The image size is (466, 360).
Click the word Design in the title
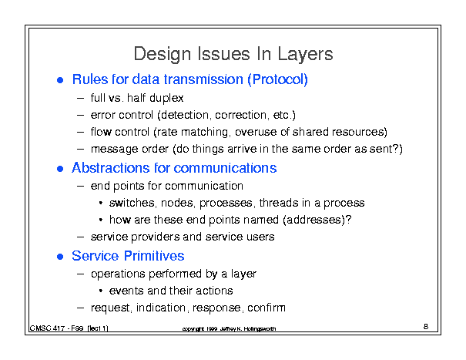(163, 55)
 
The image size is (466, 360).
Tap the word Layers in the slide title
(305, 55)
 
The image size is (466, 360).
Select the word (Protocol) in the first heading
(277, 79)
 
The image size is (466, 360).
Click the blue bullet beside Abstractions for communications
(60, 169)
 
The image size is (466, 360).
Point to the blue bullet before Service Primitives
(60, 257)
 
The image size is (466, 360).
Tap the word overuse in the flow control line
(256, 132)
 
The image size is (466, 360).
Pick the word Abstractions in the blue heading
(111, 168)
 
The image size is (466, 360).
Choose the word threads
(279, 203)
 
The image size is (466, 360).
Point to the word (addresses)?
(317, 220)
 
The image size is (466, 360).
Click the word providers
(156, 237)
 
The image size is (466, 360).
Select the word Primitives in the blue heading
(154, 256)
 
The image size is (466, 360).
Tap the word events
(126, 291)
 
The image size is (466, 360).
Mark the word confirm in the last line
(267, 308)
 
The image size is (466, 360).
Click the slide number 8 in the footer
(426, 327)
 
